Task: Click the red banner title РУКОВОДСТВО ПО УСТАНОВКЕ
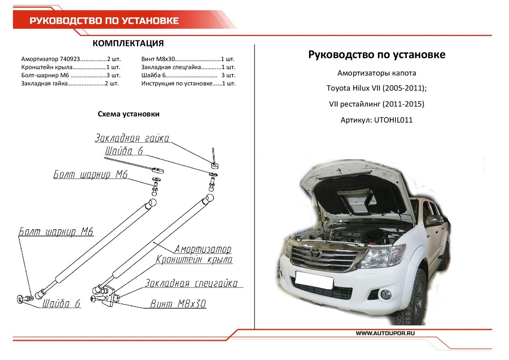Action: coord(104,21)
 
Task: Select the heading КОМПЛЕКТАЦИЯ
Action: coord(128,44)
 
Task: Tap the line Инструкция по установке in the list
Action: coord(188,84)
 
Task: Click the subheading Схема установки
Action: coord(129,114)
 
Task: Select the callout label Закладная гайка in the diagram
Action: coord(132,138)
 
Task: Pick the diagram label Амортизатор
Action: coord(203,249)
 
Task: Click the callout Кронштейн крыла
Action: coord(194,259)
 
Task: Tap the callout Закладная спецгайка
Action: coord(191,283)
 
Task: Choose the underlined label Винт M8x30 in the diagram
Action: coord(178,304)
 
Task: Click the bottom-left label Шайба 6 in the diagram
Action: coord(61,304)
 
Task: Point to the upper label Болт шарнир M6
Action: coord(90,174)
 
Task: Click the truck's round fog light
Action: coord(387,294)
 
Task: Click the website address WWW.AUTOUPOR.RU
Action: coord(385,334)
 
